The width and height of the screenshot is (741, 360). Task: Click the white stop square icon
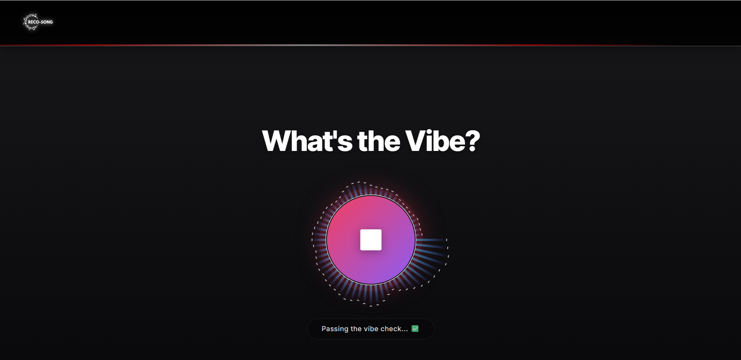[x=370, y=239]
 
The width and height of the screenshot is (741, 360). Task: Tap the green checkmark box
[x=415, y=329]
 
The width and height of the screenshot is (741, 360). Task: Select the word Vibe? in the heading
[x=443, y=141]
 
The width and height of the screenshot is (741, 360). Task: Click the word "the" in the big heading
[x=379, y=141]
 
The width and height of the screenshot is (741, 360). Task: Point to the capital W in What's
[x=279, y=141]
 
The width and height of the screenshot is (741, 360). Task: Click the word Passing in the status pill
[x=335, y=329]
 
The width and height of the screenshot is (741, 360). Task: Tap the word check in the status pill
[x=391, y=329]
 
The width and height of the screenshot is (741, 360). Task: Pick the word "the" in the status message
[x=356, y=329]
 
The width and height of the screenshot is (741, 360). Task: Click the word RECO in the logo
[x=34, y=22]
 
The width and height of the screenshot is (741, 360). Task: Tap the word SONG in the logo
[x=47, y=22]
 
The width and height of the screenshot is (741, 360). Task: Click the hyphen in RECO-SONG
[x=40, y=22]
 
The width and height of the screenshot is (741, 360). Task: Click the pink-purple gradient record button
[x=370, y=239]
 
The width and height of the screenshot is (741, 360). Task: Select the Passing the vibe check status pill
[x=370, y=329]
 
